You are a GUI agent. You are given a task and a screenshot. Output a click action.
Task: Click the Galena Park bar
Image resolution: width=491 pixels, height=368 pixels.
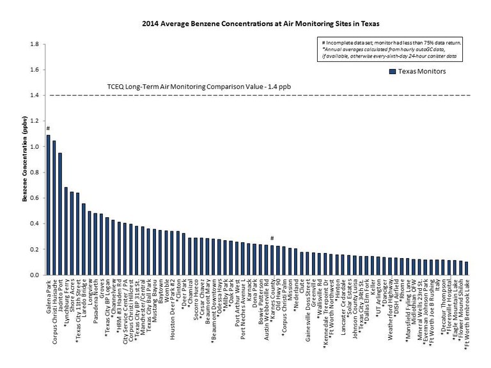49,205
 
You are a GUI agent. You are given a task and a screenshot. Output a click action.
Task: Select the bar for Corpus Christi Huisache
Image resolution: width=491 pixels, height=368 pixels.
54,208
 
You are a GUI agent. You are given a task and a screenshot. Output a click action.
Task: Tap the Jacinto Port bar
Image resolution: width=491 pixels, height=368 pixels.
60,214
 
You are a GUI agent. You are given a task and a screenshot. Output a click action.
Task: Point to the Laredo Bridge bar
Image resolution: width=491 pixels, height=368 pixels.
84,239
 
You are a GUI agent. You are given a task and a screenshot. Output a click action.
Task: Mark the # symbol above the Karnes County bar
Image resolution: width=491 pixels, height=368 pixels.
272,238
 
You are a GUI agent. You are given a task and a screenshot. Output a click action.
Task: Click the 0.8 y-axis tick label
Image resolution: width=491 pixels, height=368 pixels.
35,172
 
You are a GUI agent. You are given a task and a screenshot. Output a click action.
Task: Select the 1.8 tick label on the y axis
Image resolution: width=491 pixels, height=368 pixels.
35,44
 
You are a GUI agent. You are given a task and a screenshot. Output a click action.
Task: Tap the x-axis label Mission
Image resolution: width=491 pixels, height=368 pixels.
290,291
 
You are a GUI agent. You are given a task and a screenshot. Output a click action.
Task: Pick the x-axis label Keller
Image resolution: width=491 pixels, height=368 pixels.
373,287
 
